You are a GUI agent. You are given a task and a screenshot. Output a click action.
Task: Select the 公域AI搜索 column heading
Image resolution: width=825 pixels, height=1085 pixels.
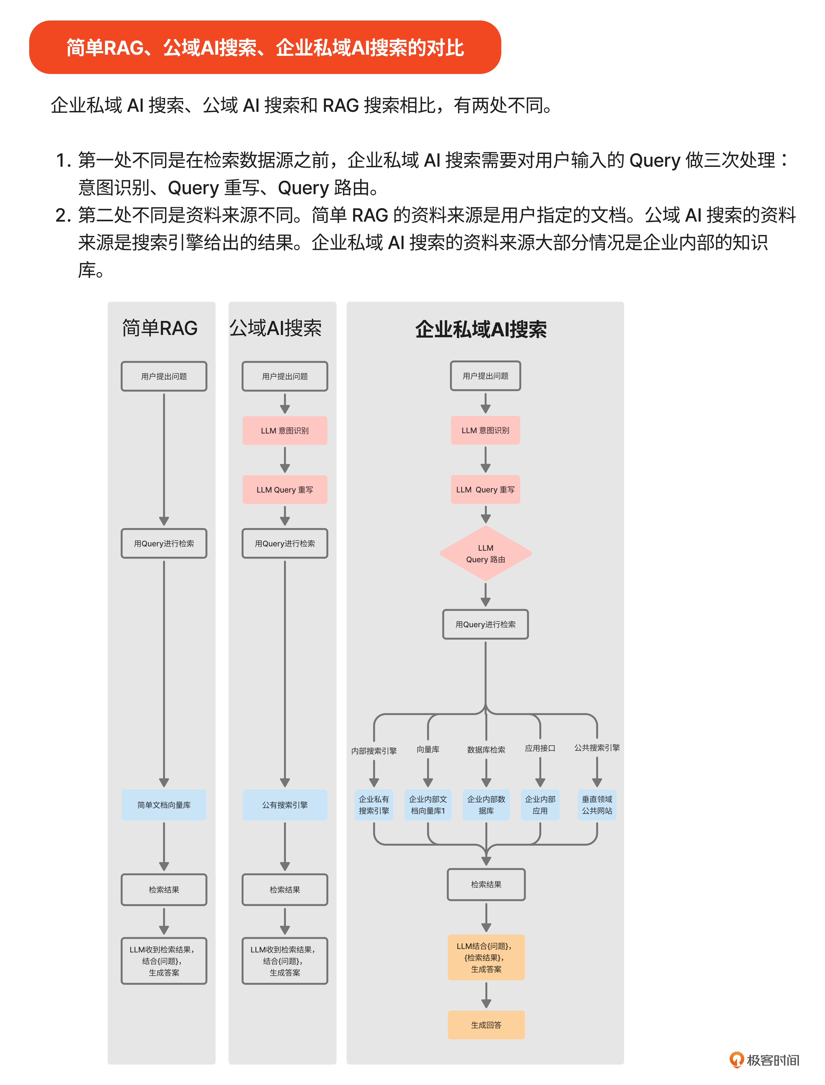click(276, 328)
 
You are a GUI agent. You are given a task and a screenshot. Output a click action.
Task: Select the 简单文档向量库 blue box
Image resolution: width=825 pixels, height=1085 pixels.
click(164, 805)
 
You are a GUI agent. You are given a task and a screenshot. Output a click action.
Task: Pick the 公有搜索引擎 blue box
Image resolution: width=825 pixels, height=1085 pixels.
click(285, 805)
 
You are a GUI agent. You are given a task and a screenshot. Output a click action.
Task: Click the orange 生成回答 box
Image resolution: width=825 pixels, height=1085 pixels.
click(486, 1025)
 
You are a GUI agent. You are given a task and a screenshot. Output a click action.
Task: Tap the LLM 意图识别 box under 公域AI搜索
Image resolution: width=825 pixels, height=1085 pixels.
click(285, 431)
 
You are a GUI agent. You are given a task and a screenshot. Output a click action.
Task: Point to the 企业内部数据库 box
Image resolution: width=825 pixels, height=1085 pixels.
click(486, 805)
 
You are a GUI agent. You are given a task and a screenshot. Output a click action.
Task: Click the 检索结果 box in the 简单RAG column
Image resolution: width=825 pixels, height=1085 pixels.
click(164, 889)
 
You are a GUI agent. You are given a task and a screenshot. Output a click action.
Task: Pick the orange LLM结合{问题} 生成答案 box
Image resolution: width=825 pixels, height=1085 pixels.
click(486, 957)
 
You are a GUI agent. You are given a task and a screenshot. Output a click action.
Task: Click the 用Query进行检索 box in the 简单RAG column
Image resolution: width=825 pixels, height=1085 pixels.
click(164, 543)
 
